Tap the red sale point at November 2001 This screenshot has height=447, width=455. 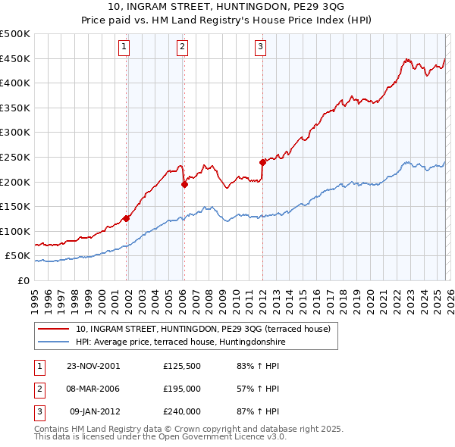127,218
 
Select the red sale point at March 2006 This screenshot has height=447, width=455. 184,183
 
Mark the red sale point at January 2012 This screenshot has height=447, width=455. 262,161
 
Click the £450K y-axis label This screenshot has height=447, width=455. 15,58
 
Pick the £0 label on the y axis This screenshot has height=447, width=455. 24,280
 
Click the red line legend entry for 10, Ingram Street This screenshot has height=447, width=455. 202,330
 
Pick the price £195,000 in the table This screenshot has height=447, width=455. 182,389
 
